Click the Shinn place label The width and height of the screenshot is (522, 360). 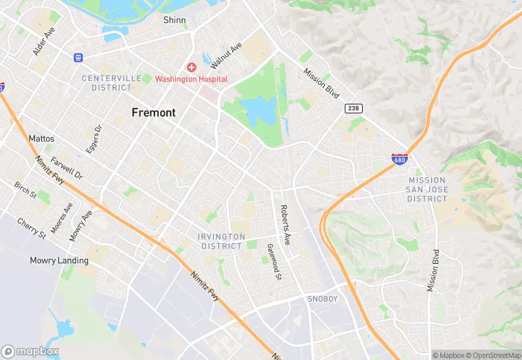coord(174,20)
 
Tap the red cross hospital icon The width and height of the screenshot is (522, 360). coord(192,67)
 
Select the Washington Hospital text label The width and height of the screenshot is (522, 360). coord(191,79)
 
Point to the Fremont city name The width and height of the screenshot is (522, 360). coord(154,113)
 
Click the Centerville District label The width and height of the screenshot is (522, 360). coord(106,83)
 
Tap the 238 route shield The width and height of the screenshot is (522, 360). coord(352,109)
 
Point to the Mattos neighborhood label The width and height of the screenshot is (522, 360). coord(41,138)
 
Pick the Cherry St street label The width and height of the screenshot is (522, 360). coord(32,229)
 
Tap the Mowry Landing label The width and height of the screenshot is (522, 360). coord(59,260)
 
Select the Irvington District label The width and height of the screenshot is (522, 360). coord(221,241)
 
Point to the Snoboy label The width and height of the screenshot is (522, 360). coord(322,299)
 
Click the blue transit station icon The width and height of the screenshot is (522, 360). coord(78,57)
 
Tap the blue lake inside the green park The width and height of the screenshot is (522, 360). coord(258,110)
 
